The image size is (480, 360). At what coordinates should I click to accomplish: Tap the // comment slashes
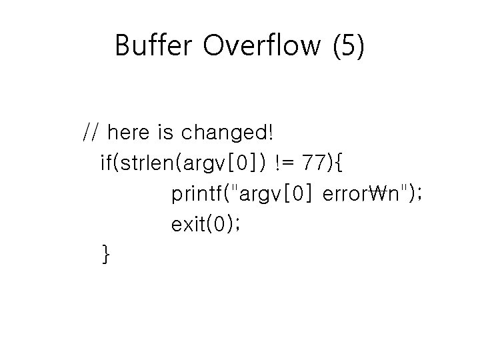click(91, 133)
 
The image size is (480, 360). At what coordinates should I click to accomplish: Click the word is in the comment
click(165, 133)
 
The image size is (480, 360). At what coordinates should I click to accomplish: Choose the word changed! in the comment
click(227, 133)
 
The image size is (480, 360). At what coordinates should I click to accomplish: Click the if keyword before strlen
click(107, 163)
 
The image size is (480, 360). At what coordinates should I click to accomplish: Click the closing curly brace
click(105, 255)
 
